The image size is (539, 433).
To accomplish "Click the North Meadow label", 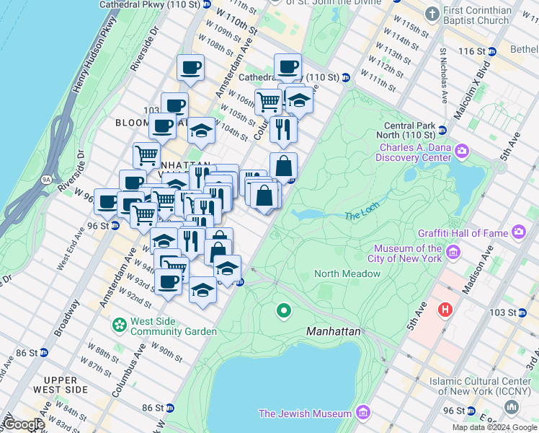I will pyautogui.click(x=347, y=274).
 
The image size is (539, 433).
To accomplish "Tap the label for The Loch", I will pyautogui.click(x=361, y=215).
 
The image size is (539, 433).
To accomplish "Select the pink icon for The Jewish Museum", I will pyautogui.click(x=362, y=414).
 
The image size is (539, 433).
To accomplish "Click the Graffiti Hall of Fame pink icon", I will pyautogui.click(x=518, y=232).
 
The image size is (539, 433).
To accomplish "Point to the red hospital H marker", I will pyautogui.click(x=446, y=310).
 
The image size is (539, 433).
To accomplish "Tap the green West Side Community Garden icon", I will pyautogui.click(x=119, y=325).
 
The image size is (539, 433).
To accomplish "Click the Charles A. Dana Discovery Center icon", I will pyautogui.click(x=462, y=151).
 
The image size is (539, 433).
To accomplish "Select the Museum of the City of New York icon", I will pyautogui.click(x=453, y=252).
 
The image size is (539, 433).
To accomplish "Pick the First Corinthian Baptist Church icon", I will pyautogui.click(x=432, y=14).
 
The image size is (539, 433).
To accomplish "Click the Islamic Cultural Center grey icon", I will pyautogui.click(x=511, y=408).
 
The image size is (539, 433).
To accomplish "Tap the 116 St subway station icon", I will pyautogui.click(x=492, y=51).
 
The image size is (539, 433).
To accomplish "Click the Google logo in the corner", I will pyautogui.click(x=23, y=424).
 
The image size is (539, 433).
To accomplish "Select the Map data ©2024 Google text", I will pyautogui.click(x=494, y=427).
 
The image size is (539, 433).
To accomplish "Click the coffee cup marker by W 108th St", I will pyautogui.click(x=190, y=69).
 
